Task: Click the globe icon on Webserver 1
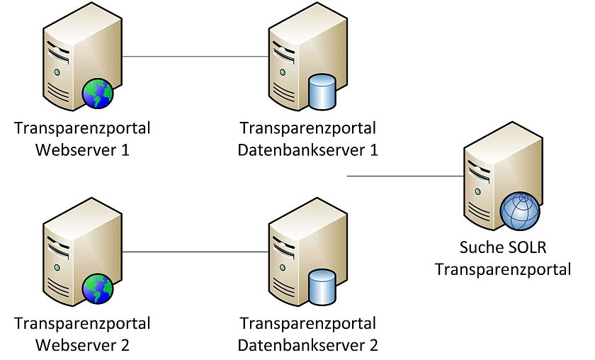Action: (x=98, y=94)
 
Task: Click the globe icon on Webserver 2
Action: (x=98, y=289)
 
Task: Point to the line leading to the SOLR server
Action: (x=404, y=176)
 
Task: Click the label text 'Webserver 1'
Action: (x=82, y=150)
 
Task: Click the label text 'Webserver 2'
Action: (x=82, y=345)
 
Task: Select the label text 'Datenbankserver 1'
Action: (x=307, y=150)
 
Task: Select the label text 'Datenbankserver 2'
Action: (x=307, y=345)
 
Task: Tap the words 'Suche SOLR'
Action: (x=503, y=248)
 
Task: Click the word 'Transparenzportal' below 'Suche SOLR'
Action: (x=503, y=269)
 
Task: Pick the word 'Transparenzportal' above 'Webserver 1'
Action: (x=82, y=129)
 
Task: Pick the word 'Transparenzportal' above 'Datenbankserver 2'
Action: (x=307, y=324)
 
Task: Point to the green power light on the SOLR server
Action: (x=480, y=191)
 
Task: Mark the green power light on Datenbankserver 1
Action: (x=283, y=72)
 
